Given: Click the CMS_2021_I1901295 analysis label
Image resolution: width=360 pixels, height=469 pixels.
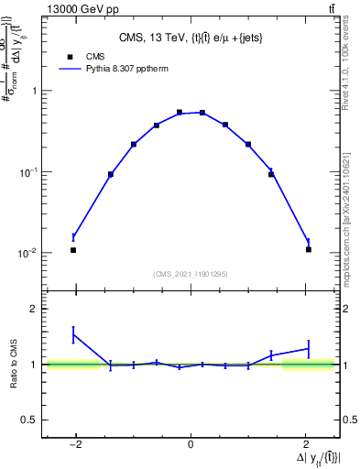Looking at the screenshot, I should (x=191, y=274).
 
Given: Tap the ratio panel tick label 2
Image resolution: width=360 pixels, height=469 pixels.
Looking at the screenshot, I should (x=34, y=310).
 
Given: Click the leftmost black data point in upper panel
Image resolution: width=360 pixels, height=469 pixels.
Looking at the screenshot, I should (x=73, y=250).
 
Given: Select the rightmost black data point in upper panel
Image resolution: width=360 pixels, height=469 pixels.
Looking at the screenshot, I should (x=309, y=250).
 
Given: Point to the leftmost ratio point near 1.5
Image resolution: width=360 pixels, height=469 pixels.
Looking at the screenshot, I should (x=73, y=335).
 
